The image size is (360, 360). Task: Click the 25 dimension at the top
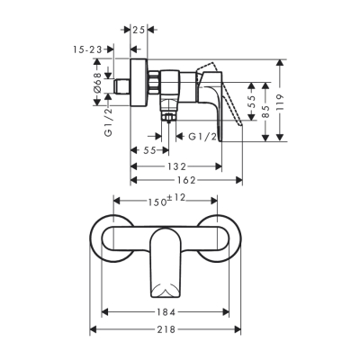(139, 30)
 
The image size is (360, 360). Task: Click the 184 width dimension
(166, 312)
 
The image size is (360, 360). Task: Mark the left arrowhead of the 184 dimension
(106, 312)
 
